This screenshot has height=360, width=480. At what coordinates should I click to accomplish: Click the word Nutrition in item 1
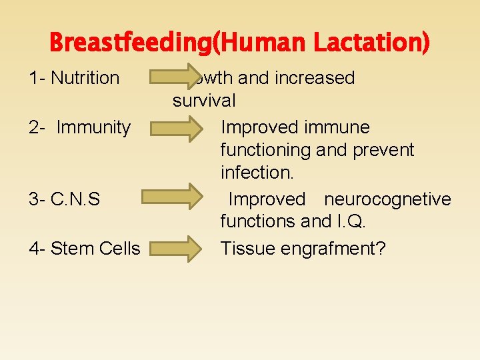pos(85,78)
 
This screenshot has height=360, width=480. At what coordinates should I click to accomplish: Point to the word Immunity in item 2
pos(93,127)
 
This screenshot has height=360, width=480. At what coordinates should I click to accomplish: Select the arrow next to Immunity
pos(175,127)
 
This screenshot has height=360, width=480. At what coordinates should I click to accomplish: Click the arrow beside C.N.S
pos(175,198)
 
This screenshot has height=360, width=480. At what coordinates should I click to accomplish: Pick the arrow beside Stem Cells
pos(175,249)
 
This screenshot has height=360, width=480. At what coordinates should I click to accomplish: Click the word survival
pos(204,101)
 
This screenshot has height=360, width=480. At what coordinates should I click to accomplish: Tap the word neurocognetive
pos(387,199)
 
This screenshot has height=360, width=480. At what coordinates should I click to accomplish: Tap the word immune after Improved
pos(338,127)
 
